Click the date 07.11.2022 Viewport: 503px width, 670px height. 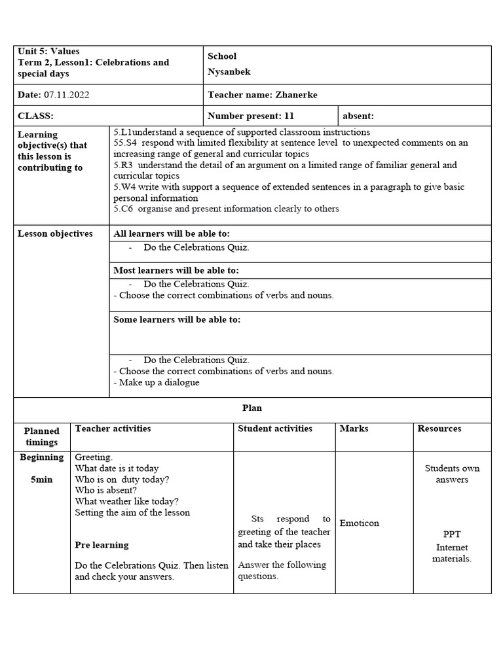coord(66,95)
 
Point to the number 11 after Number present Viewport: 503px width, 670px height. coord(289,116)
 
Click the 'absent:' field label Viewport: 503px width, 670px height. coord(358,116)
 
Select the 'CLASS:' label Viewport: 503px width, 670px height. coord(35,116)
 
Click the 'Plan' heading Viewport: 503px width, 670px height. coord(252,408)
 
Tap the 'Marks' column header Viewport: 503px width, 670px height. coord(354,429)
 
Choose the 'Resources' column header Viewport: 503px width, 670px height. coord(439,429)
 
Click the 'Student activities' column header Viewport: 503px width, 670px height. coord(275,429)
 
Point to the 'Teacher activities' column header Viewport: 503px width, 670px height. coord(113,429)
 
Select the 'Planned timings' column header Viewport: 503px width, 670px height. coord(42,436)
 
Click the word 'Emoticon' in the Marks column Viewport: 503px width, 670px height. coord(359,523)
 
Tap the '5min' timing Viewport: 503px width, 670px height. coord(42,480)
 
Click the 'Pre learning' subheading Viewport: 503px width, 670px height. coord(102,545)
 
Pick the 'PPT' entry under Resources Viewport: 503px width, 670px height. coord(452,534)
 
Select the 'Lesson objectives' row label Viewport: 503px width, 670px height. coord(55,234)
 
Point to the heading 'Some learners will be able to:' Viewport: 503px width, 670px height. coord(177,320)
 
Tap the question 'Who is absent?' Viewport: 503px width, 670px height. coord(106,490)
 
